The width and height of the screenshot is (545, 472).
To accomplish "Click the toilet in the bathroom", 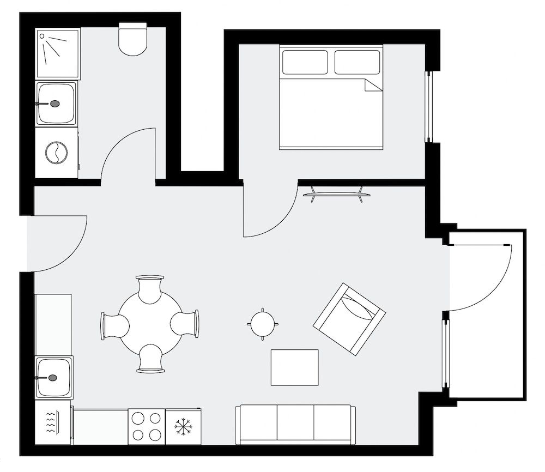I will (133, 40).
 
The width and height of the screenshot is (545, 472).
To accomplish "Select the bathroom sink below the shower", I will (56, 103).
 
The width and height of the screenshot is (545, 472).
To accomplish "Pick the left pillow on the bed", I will (305, 62).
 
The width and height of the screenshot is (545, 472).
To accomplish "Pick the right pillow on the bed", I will (356, 62).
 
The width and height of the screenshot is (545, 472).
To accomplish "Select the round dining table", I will (150, 324).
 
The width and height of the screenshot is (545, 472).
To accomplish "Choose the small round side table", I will (264, 324).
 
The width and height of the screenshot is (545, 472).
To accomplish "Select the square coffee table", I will (295, 367).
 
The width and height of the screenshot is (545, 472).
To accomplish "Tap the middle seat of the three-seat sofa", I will (295, 424).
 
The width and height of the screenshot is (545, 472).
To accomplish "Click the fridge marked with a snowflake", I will (183, 426).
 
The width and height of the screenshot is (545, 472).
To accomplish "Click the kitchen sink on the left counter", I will (54, 377).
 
